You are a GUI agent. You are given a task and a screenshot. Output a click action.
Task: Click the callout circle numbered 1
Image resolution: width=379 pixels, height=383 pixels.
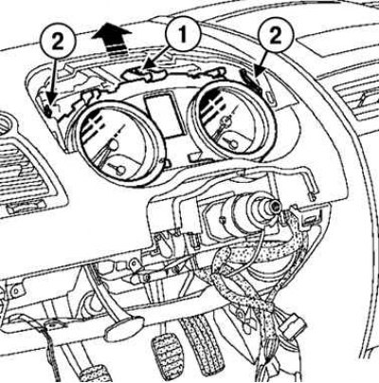point(183,34)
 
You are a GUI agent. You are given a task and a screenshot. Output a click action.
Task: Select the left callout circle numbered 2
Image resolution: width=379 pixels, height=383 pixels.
point(58,43)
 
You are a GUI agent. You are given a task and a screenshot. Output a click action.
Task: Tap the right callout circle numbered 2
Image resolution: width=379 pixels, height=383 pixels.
point(276,36)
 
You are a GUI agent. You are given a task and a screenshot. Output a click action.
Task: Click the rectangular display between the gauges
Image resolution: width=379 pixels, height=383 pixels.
point(164,116)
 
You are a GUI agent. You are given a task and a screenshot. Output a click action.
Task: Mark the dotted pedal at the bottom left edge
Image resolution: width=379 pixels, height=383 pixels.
point(95,374)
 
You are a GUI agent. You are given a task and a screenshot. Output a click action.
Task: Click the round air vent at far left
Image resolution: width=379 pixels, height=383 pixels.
point(6,126)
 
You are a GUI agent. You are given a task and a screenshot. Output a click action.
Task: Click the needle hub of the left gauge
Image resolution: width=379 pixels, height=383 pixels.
point(113,144)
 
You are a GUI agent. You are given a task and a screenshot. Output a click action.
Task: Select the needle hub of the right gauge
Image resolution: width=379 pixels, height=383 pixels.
point(226,120)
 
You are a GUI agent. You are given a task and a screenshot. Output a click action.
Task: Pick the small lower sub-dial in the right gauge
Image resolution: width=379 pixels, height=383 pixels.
point(233,144)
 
